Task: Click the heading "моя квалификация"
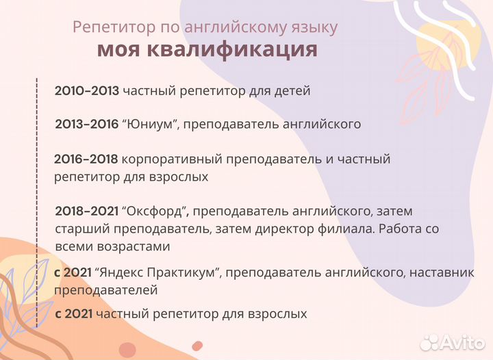207,50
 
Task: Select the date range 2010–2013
87,90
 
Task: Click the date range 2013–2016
87,125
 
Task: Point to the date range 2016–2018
86,159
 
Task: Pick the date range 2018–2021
87,211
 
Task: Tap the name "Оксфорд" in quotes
154,211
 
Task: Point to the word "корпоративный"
161,159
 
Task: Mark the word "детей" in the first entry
294,90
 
